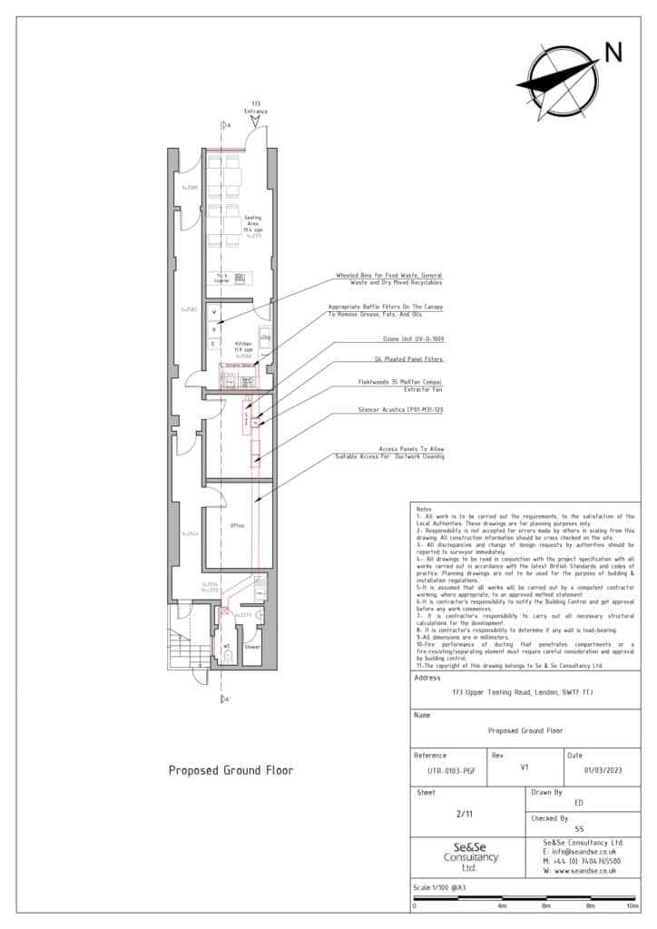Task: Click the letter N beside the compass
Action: [x=613, y=53]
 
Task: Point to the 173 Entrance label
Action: [x=255, y=108]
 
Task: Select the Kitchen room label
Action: [x=243, y=346]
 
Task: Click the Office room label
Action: [x=237, y=525]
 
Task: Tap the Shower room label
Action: [x=252, y=647]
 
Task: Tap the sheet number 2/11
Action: [x=465, y=814]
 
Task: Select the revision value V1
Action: [x=524, y=766]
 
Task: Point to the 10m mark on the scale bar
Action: [x=632, y=905]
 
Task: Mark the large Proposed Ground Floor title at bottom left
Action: [x=230, y=770]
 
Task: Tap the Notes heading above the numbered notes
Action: [x=424, y=509]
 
